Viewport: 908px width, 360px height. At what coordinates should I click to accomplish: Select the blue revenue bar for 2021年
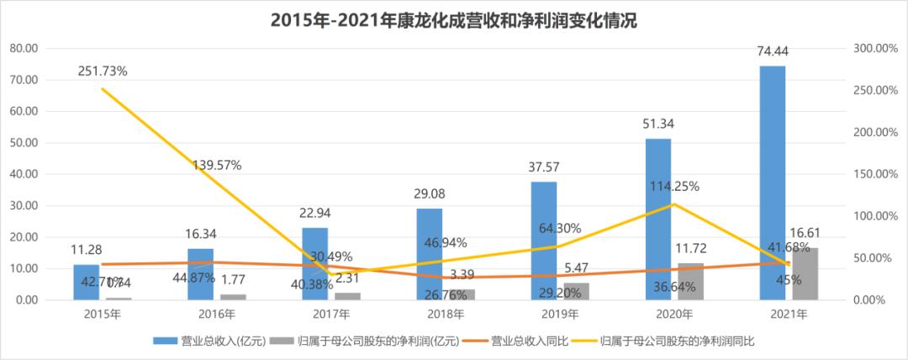772,183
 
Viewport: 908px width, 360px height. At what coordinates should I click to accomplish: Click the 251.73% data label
102,71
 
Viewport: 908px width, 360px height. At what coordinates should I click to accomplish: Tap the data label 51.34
658,124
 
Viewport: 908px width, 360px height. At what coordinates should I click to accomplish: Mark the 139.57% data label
216,166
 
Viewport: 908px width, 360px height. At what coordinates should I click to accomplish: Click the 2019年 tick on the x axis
558,315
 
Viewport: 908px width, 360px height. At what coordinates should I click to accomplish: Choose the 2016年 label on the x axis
217,315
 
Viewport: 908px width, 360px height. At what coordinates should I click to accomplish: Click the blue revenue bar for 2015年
86,282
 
